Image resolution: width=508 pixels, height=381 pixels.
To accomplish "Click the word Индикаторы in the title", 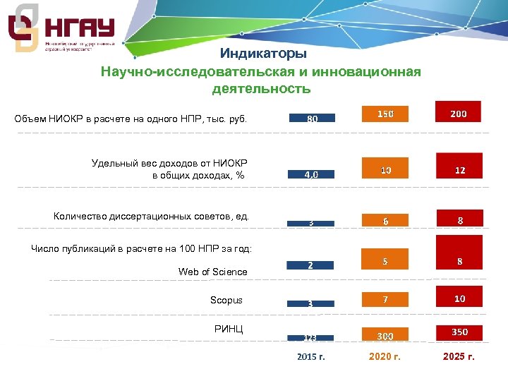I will click(262, 54).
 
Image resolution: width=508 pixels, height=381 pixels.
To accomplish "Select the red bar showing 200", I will click(459, 114).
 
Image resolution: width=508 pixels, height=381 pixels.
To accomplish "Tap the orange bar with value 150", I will click(385, 114).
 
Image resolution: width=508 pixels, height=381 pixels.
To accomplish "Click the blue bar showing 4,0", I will click(311, 174).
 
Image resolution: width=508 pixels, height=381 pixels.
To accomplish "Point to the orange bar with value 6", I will click(385, 219).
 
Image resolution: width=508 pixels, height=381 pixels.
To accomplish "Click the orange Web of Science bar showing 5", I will click(385, 260).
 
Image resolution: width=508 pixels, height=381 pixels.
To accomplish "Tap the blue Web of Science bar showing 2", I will click(311, 265).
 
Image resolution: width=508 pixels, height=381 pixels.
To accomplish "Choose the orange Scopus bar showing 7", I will click(385, 300).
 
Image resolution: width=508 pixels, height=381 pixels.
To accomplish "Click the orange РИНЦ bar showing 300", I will click(385, 335).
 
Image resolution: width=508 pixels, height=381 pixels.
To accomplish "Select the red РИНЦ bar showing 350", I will click(459, 332).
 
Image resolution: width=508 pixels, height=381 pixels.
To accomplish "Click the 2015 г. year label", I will click(310, 357).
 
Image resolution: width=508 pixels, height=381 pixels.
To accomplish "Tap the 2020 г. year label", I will click(385, 357).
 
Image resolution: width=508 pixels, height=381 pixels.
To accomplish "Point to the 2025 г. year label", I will click(459, 357).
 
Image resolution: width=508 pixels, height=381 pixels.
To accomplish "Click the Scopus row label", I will click(226, 301).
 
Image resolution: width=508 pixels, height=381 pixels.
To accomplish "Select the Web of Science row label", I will click(212, 272).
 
